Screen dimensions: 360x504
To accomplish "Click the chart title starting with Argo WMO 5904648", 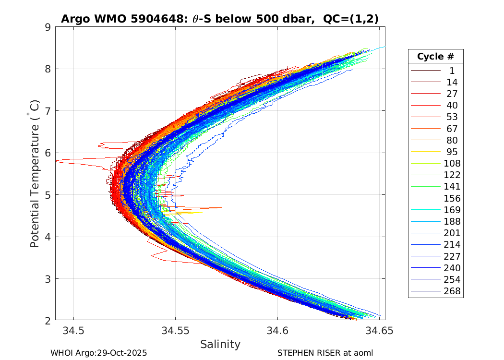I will (x=220, y=19).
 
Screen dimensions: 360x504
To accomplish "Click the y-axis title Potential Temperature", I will (x=35, y=173).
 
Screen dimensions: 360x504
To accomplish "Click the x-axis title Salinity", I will (x=220, y=344).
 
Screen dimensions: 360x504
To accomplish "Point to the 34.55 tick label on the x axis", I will (x=175, y=331).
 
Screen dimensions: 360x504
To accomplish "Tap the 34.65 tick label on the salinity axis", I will (x=379, y=331).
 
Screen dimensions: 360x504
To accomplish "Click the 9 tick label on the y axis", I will (x=48, y=27).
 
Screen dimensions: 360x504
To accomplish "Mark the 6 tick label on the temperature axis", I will (x=48, y=153).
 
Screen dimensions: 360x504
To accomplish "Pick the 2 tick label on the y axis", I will (x=48, y=320).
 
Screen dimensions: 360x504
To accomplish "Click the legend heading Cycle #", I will (x=435, y=56).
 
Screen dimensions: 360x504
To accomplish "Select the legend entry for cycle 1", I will (x=452, y=71).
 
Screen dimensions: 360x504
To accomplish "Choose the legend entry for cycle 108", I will (x=452, y=163).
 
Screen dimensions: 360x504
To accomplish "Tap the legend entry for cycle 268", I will (x=452, y=291).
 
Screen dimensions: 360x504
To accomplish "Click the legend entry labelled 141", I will (x=452, y=186).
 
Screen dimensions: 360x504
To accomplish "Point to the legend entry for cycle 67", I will (x=452, y=129).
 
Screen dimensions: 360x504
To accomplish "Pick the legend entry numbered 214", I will (x=452, y=244).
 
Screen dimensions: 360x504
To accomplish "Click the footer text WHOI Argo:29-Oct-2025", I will (x=98, y=353).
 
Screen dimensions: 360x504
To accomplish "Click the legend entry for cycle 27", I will (x=452, y=94).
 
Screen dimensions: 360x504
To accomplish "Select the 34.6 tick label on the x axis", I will (x=277, y=331).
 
